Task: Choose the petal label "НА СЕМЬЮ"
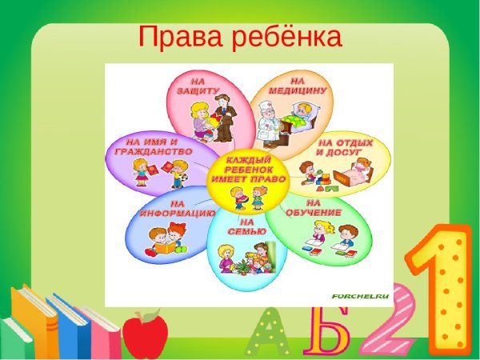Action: pyautogui.click(x=246, y=226)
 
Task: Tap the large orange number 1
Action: pyautogui.click(x=442, y=288)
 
